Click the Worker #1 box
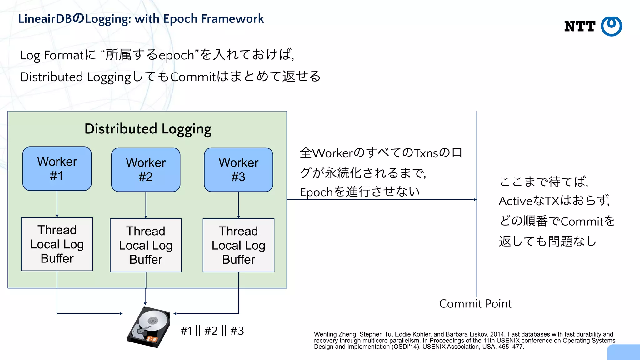[57, 169]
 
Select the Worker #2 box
[146, 170]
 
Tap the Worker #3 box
[238, 170]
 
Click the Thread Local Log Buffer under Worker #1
[57, 244]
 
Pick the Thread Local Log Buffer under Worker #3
[238, 245]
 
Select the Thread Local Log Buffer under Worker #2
[146, 245]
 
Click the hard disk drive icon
[149, 327]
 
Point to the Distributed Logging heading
[148, 129]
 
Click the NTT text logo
[580, 27]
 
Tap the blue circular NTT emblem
[611, 26]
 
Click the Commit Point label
[475, 304]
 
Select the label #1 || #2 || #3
[212, 331]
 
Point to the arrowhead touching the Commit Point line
[475, 199]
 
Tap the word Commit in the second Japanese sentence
[193, 77]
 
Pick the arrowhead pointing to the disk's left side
[121, 313]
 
